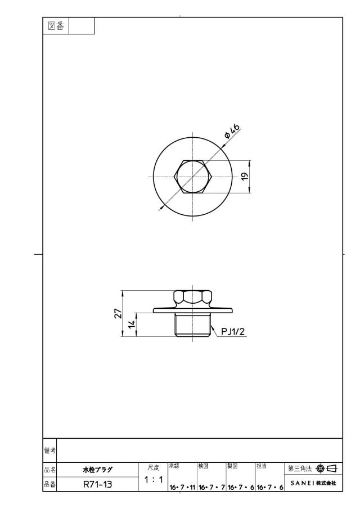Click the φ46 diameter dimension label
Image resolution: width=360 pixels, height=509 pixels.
tap(232, 131)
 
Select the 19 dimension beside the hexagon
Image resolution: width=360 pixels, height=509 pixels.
tap(245, 176)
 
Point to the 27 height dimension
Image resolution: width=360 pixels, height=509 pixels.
tap(118, 313)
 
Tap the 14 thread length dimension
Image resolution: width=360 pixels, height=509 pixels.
tap(132, 324)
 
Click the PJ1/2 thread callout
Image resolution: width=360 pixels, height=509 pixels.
tap(233, 331)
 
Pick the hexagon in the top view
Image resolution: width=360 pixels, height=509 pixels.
tap(193, 177)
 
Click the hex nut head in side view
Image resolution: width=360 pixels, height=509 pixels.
tap(193, 298)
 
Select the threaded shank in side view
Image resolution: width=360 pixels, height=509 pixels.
tap(193, 325)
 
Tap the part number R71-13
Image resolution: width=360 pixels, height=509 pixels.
tap(98, 485)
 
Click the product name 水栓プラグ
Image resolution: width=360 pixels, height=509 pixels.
tap(97, 470)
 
